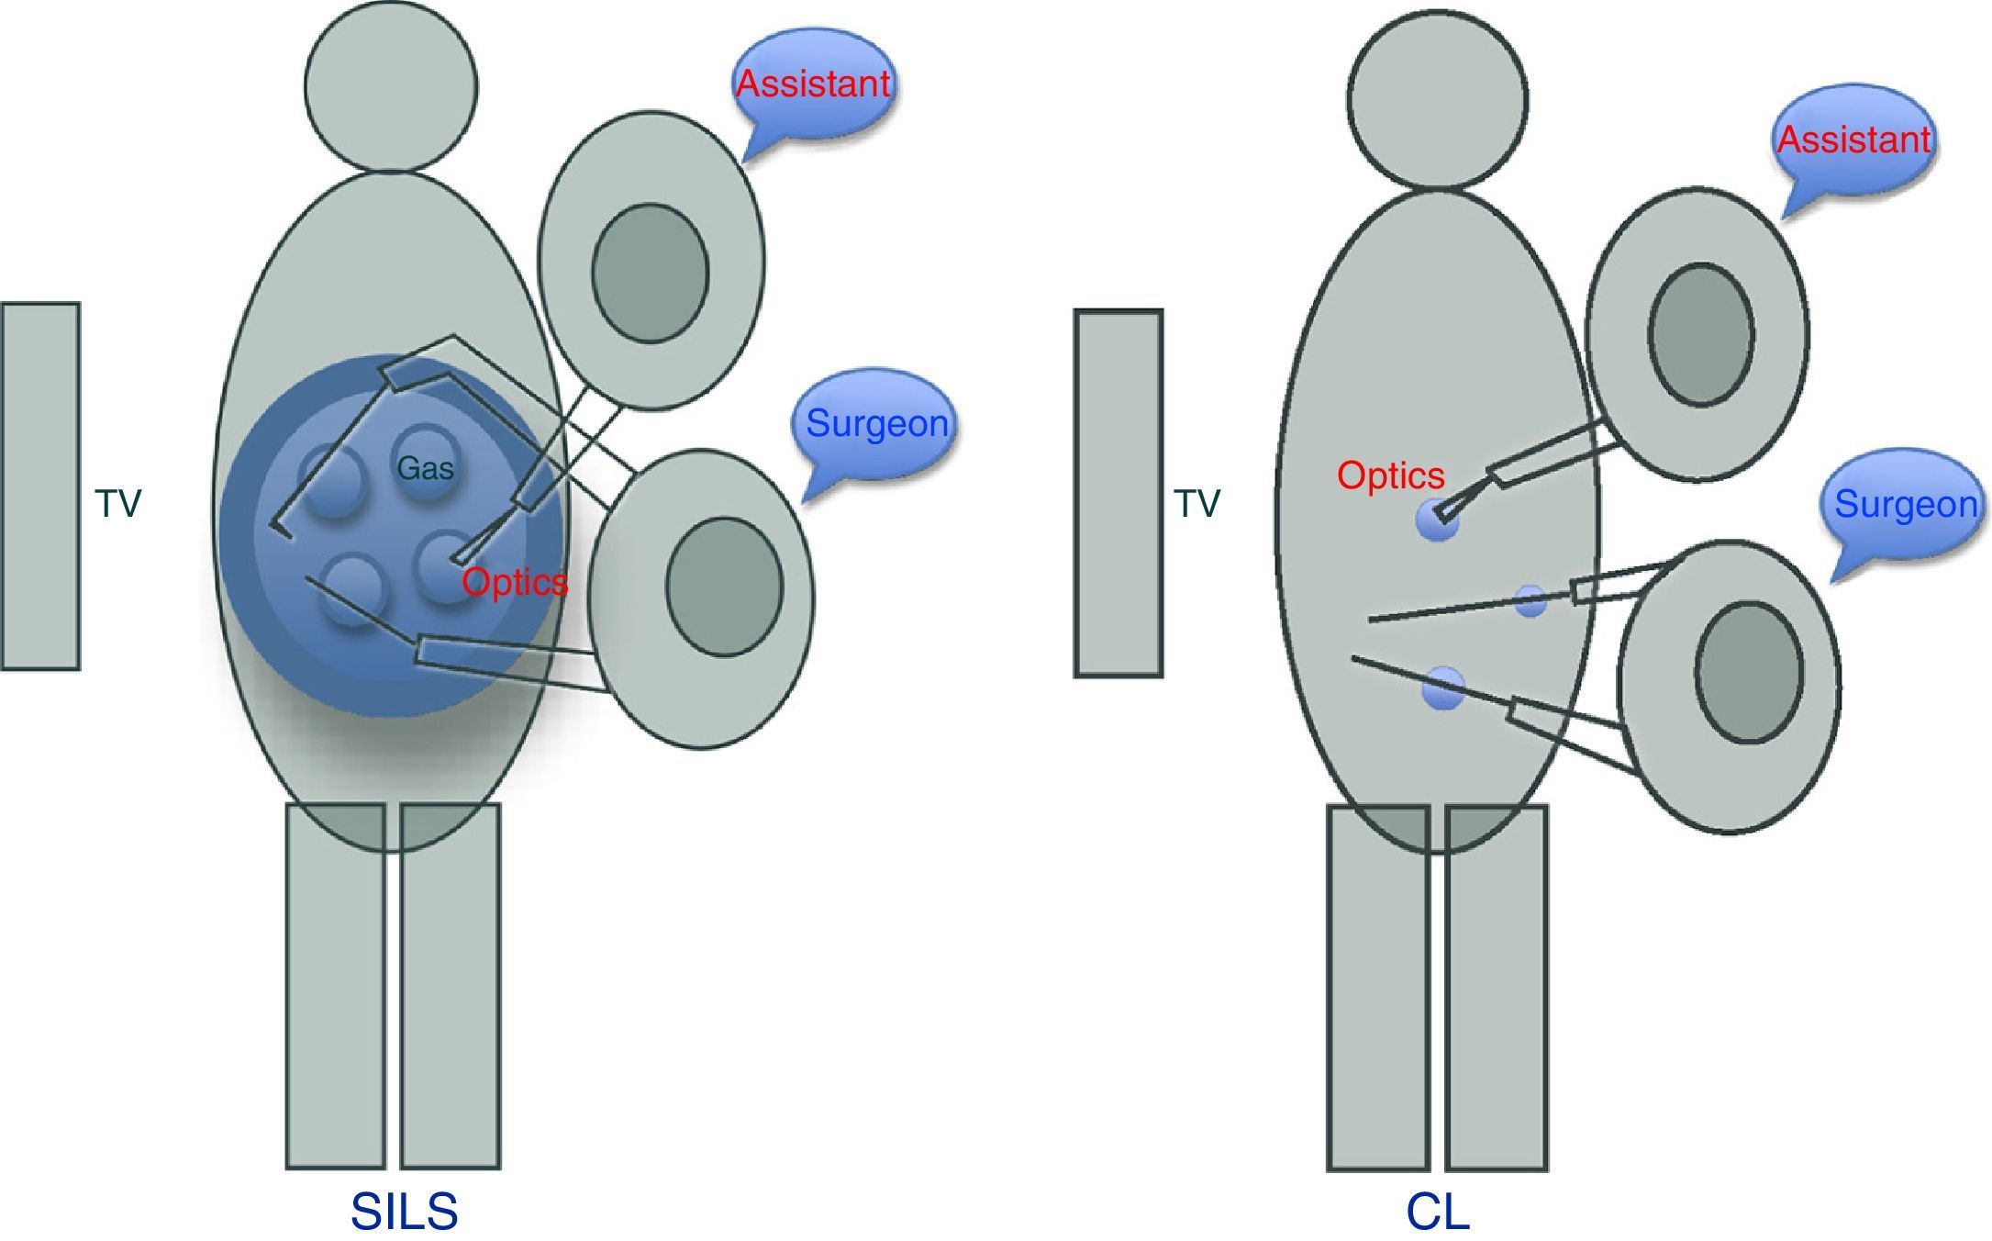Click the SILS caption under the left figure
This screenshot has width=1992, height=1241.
pyautogui.click(x=404, y=1212)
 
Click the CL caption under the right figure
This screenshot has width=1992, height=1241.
pyautogui.click(x=1437, y=1212)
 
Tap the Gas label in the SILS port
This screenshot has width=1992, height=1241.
pyautogui.click(x=425, y=469)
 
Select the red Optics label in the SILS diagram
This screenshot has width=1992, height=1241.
pyautogui.click(x=515, y=582)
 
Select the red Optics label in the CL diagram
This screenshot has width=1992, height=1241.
pyautogui.click(x=1390, y=475)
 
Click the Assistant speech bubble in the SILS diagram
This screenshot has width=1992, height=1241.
pyautogui.click(x=813, y=84)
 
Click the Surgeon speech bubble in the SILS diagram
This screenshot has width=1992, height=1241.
pyautogui.click(x=876, y=424)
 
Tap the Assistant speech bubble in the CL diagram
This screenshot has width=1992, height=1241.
pyautogui.click(x=1853, y=140)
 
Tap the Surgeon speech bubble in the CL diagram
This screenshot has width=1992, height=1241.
pyautogui.click(x=1905, y=505)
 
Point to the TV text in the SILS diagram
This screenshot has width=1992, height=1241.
pyautogui.click(x=118, y=504)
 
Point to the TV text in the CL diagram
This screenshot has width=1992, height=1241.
pyautogui.click(x=1197, y=504)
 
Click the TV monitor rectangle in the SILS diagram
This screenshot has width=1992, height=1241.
pyautogui.click(x=39, y=486)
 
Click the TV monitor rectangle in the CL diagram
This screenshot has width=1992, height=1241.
pyautogui.click(x=1118, y=494)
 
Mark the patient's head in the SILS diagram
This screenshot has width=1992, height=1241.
pyautogui.click(x=391, y=87)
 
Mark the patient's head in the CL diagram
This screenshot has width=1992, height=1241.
pyautogui.click(x=1438, y=99)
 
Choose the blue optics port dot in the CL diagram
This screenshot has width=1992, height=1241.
pyautogui.click(x=1436, y=520)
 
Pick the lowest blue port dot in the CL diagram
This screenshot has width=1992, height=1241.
pyautogui.click(x=1442, y=688)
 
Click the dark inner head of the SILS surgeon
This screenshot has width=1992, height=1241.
pyautogui.click(x=724, y=587)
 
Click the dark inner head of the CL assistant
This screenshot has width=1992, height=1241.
pyautogui.click(x=1701, y=335)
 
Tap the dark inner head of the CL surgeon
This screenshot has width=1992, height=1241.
pyautogui.click(x=1749, y=672)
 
